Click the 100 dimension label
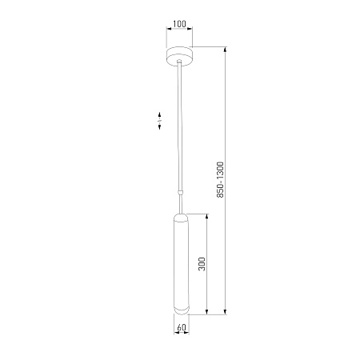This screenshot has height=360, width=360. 179,24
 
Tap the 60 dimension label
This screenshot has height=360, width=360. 182,327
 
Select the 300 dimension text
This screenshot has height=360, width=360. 202,264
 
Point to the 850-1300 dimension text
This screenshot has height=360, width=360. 220,179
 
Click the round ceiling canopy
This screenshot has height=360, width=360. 179,56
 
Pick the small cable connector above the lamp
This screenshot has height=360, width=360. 181,192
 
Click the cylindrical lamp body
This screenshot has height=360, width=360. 182,264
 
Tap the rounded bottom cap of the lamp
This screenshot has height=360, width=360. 182,310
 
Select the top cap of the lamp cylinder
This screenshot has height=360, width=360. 182,218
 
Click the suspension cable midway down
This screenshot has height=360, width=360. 180,126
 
